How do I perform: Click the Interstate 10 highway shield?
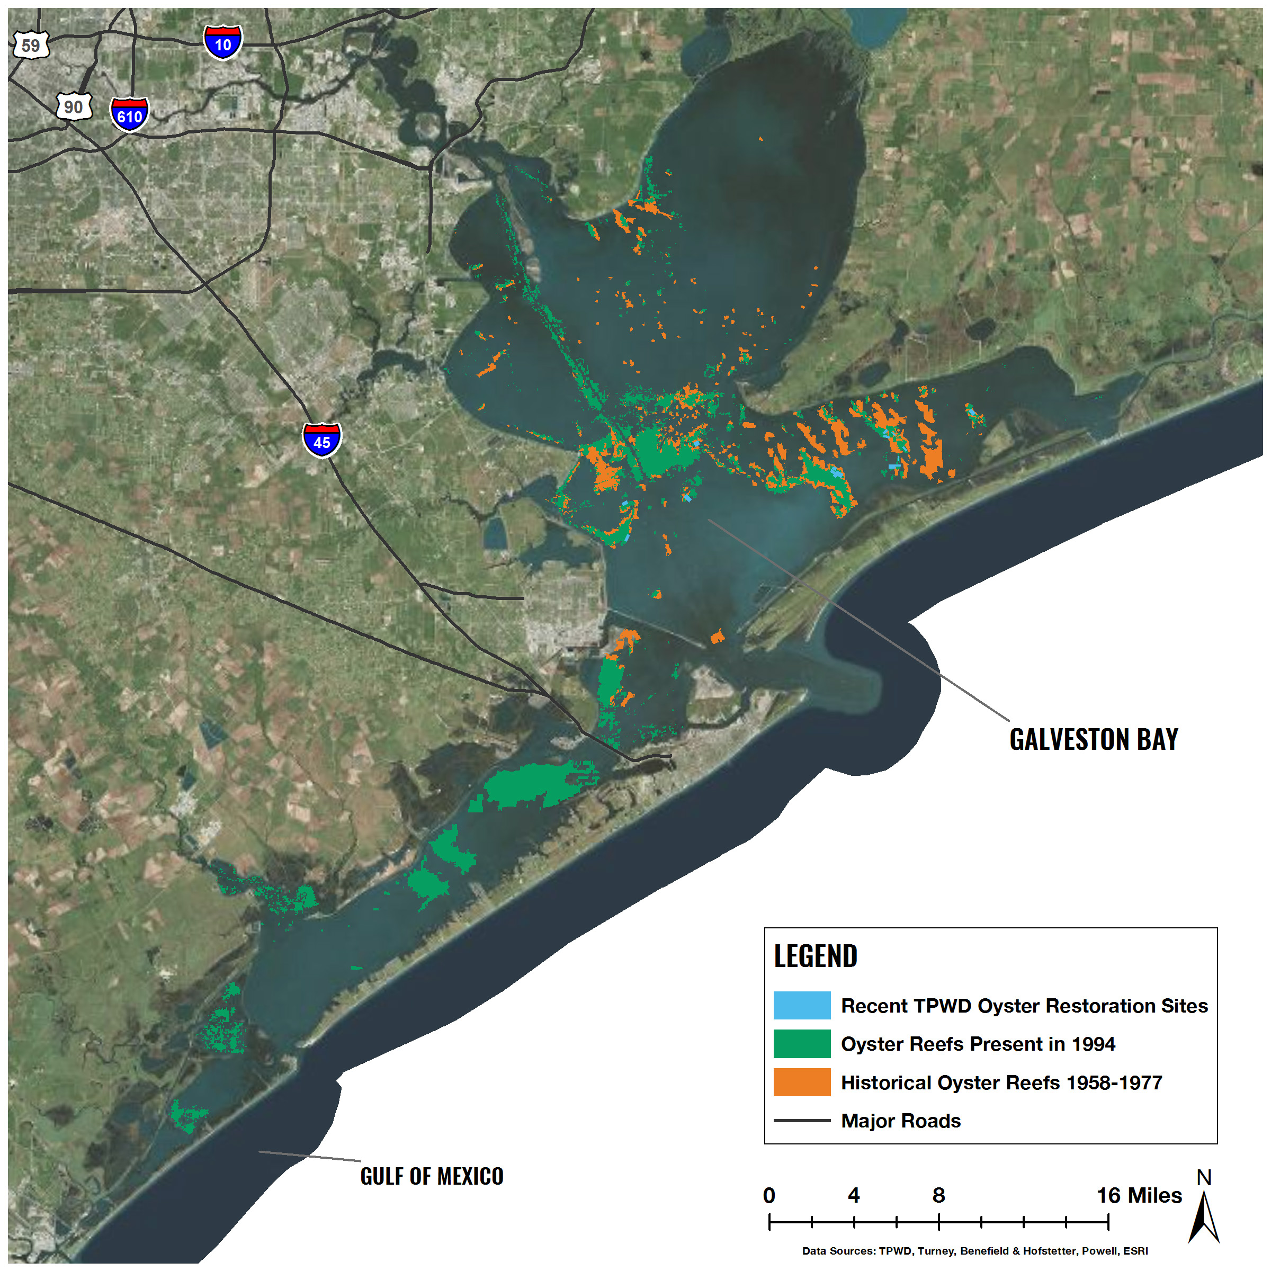(223, 43)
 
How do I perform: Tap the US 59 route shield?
(31, 46)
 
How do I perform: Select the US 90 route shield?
(73, 106)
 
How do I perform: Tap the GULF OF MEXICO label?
(432, 1176)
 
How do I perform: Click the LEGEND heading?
(815, 956)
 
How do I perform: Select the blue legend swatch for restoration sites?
(801, 1005)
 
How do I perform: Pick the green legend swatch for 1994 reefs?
(801, 1044)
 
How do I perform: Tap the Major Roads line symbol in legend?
(801, 1121)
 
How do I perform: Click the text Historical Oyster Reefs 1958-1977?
(1001, 1083)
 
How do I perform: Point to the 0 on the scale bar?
(769, 1195)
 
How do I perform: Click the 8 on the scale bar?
(939, 1195)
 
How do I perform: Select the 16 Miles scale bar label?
(1139, 1195)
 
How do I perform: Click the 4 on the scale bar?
(854, 1195)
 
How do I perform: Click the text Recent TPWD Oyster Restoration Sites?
(1024, 1006)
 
